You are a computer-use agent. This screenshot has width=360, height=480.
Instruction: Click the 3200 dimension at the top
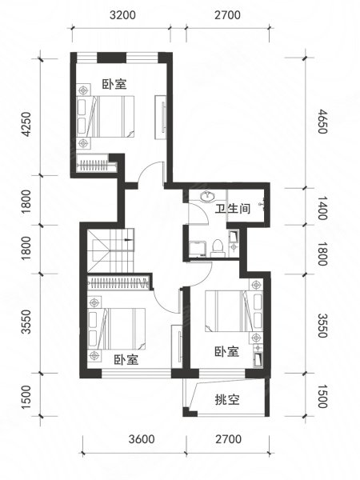click(122, 15)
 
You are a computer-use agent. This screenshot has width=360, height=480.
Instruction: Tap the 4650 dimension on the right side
click(322, 122)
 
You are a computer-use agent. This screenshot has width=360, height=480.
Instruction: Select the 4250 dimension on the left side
click(26, 124)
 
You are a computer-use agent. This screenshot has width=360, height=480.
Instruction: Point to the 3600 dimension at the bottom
click(142, 439)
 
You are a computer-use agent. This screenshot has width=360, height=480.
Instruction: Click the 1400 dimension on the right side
click(322, 208)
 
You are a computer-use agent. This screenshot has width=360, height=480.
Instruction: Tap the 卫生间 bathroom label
click(233, 209)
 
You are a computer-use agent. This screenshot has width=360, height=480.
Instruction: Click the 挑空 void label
click(227, 399)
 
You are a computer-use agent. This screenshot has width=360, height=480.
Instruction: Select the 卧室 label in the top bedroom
click(114, 84)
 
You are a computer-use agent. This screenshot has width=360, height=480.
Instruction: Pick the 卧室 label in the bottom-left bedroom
click(126, 359)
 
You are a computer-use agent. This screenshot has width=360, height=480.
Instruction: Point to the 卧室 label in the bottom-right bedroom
click(226, 351)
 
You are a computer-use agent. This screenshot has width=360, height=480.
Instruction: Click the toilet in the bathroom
click(218, 248)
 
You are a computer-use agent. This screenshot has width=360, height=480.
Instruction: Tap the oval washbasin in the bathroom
click(207, 196)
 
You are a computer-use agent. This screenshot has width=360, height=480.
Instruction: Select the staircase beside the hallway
click(110, 250)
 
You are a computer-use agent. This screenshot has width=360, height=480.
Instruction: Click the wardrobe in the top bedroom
click(97, 166)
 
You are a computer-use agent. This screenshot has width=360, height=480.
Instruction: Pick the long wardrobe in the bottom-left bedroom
click(118, 282)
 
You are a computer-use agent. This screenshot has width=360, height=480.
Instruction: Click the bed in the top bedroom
click(106, 116)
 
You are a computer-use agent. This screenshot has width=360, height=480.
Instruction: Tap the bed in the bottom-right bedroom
click(234, 310)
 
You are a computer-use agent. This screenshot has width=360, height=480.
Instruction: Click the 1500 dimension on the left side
click(26, 397)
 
